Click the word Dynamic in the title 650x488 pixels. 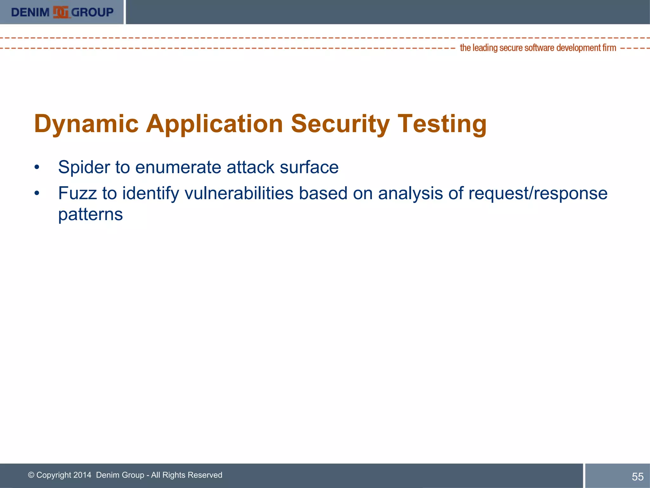tap(86, 124)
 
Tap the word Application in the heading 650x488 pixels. tap(214, 124)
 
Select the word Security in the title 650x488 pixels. tap(340, 124)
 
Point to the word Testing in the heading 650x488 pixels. tap(442, 124)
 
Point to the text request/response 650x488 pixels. tap(538, 193)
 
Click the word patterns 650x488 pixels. tap(90, 215)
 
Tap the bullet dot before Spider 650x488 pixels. tap(37, 167)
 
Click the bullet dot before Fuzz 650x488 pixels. tap(37, 193)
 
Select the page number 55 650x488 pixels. tap(637, 477)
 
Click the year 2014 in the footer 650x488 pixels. tap(82, 475)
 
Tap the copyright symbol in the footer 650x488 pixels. tap(31, 475)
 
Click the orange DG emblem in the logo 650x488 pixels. tap(61, 12)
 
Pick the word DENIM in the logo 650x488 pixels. tap(30, 12)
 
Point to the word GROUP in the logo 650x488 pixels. tap(92, 12)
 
